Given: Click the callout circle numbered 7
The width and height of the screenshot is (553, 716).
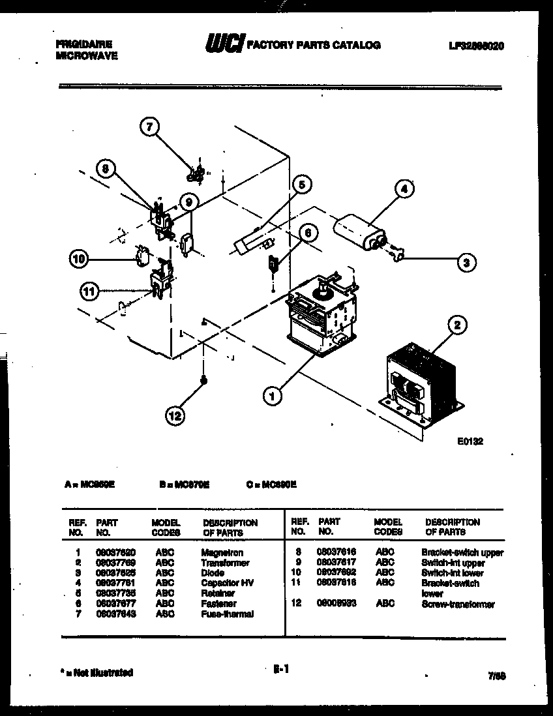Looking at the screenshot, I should pyautogui.click(x=150, y=127).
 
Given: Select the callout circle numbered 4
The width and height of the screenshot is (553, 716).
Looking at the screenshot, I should pyautogui.click(x=404, y=190).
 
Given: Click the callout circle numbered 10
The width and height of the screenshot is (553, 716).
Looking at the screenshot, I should pyautogui.click(x=80, y=259).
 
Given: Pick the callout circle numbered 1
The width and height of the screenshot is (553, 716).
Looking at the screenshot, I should pyautogui.click(x=273, y=395).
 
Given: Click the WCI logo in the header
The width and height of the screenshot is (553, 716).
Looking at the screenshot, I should pyautogui.click(x=224, y=44).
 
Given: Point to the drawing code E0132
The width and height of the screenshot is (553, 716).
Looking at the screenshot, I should pyautogui.click(x=470, y=441).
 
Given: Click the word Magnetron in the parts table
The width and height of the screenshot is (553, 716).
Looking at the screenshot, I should pyautogui.click(x=222, y=553).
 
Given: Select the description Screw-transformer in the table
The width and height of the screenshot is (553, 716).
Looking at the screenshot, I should pyautogui.click(x=457, y=604).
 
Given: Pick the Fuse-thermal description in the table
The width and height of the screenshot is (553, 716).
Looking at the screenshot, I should pyautogui.click(x=227, y=614).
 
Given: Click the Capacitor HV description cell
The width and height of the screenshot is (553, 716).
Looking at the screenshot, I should pyautogui.click(x=227, y=583).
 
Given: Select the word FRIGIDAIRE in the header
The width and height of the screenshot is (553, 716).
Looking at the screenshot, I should pyautogui.click(x=83, y=44).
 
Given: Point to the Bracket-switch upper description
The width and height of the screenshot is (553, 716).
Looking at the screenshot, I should pyautogui.click(x=462, y=553).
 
